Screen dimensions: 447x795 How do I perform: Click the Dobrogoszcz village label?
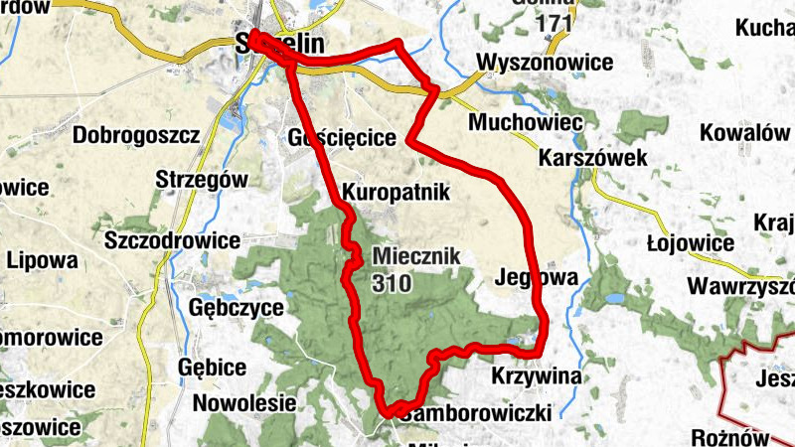click(137, 134)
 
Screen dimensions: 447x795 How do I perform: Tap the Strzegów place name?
click(201, 180)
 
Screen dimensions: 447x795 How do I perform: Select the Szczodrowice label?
click(172, 240)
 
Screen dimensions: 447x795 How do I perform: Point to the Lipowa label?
click(42, 261)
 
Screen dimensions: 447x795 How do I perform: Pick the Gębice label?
click(212, 367)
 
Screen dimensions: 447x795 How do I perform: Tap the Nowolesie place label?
click(244, 403)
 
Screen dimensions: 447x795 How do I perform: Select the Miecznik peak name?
click(417, 255)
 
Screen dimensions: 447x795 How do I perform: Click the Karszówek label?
click(593, 158)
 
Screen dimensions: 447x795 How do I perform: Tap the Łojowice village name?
click(690, 243)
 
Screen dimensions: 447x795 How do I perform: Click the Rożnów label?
click(731, 437)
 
